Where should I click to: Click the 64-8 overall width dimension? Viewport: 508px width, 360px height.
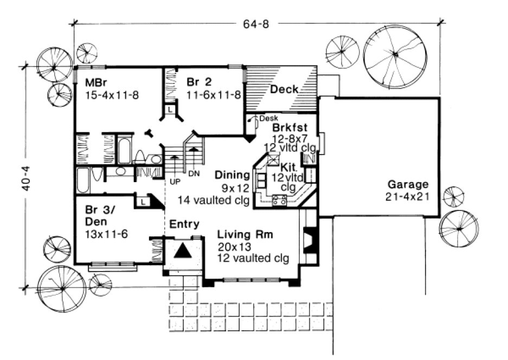point(253,23)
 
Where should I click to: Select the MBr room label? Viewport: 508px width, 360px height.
point(95,83)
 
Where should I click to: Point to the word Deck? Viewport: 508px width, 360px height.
point(284,89)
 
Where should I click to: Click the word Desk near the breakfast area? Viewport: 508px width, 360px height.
point(269,118)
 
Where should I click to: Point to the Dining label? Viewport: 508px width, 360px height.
point(232,175)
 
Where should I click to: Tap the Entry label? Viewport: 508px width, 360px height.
point(184,224)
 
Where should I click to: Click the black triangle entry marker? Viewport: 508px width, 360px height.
point(183,250)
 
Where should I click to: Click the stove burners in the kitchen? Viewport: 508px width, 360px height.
point(280,200)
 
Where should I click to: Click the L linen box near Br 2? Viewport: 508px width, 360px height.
point(170,109)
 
